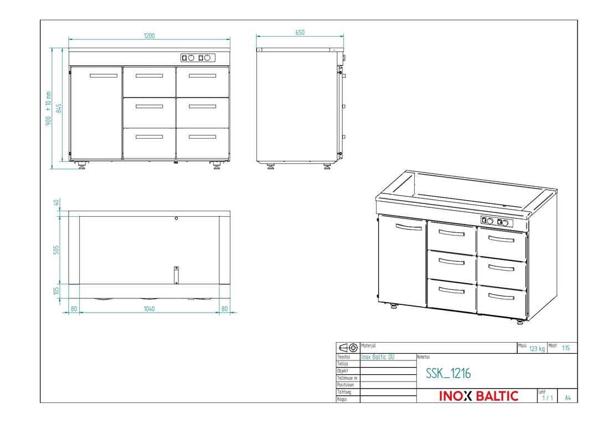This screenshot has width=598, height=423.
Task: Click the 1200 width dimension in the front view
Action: click(149, 36)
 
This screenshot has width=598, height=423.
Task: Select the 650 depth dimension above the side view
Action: click(300, 33)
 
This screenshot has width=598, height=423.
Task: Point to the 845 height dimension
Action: click(59, 109)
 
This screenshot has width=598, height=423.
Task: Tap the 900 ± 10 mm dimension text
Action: click(48, 109)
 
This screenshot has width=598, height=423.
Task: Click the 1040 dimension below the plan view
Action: click(149, 309)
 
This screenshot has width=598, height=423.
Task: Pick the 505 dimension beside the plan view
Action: click(56, 250)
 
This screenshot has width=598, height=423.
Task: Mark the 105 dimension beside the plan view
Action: click(56, 291)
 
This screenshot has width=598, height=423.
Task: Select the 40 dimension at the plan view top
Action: click(56, 202)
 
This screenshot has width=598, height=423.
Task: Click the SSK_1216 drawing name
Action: click(448, 373)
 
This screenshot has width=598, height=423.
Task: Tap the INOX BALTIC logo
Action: click(478, 396)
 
